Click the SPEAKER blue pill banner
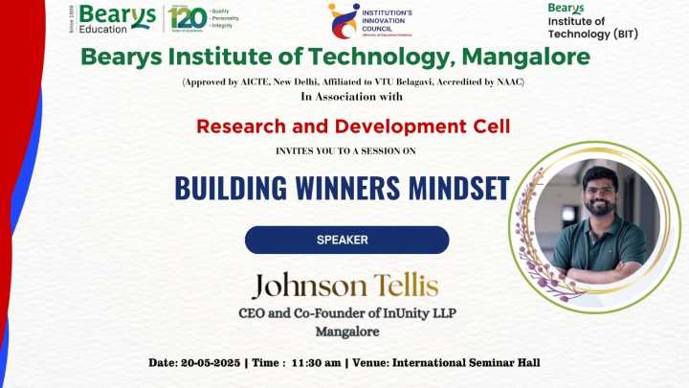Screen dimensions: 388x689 346,240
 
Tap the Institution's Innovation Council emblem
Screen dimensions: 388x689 344,20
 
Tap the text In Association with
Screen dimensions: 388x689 351,97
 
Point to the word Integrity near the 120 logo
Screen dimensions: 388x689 222,26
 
